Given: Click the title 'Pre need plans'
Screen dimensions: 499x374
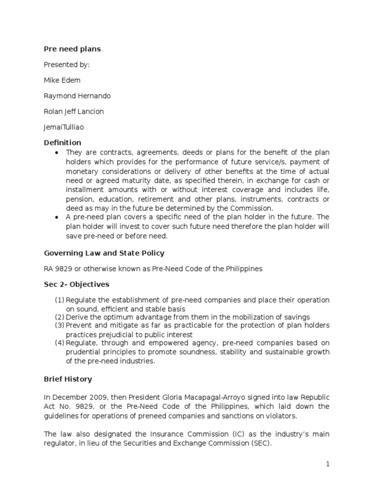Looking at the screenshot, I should point(72,49).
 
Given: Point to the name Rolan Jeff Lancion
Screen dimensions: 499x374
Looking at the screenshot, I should point(74,112).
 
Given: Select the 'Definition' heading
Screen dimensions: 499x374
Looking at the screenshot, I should point(63,143).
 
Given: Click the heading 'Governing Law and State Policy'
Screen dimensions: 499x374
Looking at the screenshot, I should point(104,253).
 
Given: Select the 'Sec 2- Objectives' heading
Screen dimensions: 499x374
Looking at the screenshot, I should point(76,284).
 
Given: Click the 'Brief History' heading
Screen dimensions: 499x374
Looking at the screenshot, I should point(68,379).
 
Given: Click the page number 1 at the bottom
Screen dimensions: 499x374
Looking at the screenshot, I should point(328,464).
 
